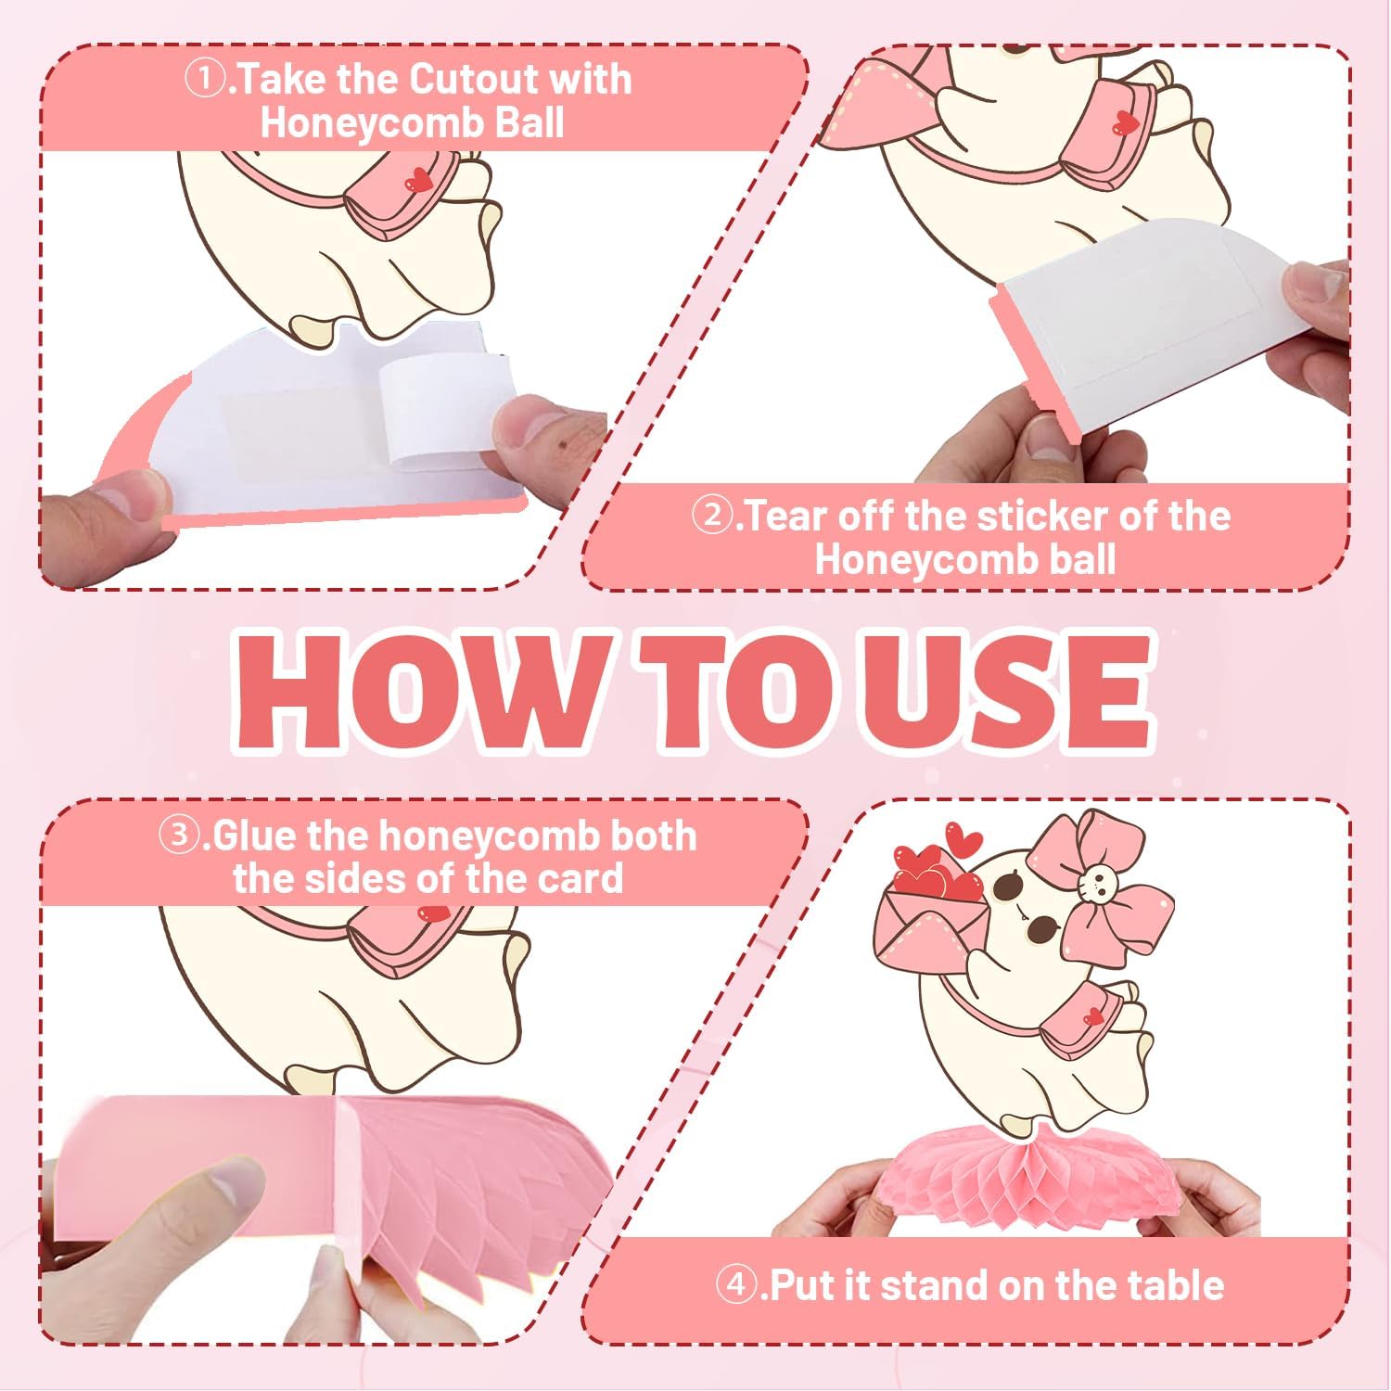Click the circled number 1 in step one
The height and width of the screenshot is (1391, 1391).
point(204,79)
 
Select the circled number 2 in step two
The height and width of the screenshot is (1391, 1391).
point(713,516)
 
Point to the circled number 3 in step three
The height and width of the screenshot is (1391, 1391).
point(177,836)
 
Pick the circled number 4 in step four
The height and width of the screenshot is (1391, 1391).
point(736,1286)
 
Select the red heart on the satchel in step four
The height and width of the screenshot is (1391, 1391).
point(1095,1016)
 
